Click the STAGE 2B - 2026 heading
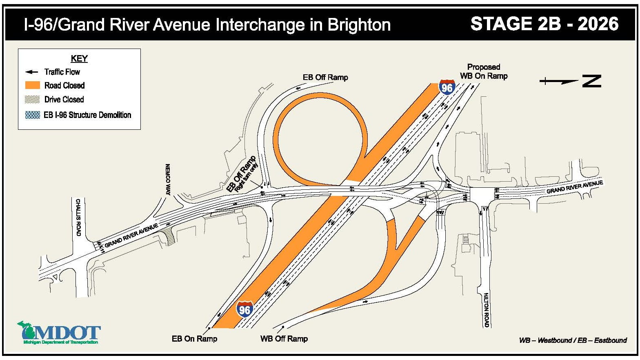click(x=544, y=24)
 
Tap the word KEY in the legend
click(x=79, y=58)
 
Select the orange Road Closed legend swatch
click(x=33, y=85)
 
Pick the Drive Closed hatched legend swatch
click(x=33, y=99)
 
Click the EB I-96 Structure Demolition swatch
click(x=33, y=115)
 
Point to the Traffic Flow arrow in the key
click(x=31, y=72)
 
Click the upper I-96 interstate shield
click(x=447, y=87)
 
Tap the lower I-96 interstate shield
click(x=244, y=309)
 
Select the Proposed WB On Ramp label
click(x=484, y=71)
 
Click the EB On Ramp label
click(x=194, y=339)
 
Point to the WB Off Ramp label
click(x=284, y=339)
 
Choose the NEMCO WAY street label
click(x=168, y=180)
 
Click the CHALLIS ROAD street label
click(x=78, y=217)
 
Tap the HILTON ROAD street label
click(x=486, y=310)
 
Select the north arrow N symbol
click(x=591, y=81)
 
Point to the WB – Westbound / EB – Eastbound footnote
click(x=573, y=340)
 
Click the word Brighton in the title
click(x=359, y=25)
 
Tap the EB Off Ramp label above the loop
click(x=325, y=77)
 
